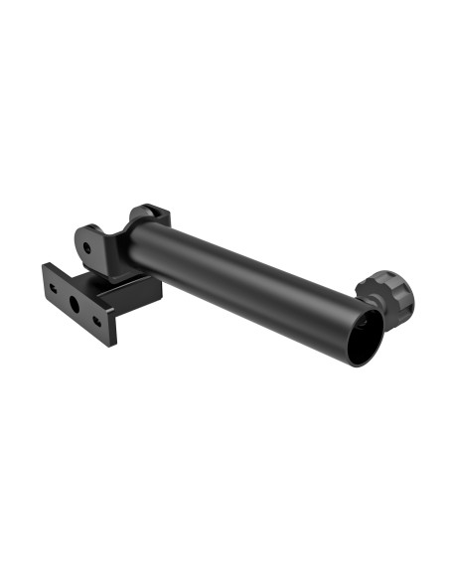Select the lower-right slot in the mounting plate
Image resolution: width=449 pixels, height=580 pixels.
pyautogui.click(x=96, y=322)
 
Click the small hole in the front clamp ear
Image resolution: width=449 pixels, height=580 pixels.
pyautogui.click(x=87, y=245)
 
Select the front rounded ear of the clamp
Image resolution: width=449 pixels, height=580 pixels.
pyautogui.click(x=89, y=243)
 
